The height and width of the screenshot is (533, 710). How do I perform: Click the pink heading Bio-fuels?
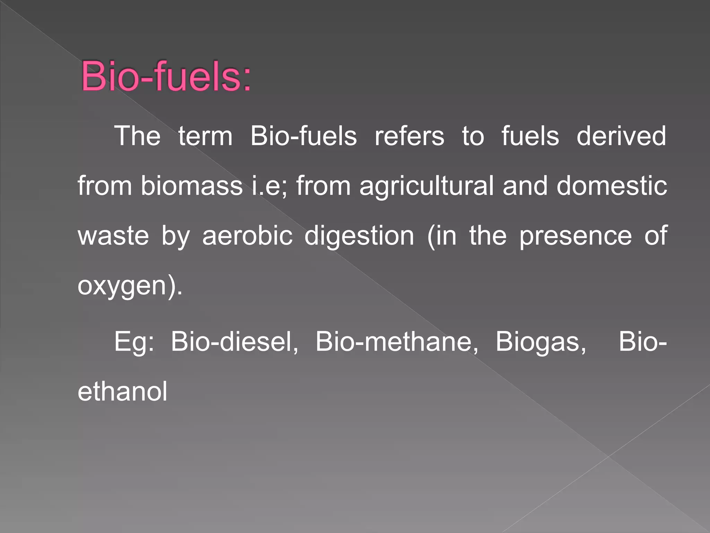[166, 76]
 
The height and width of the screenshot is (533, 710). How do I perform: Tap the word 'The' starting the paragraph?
[137, 136]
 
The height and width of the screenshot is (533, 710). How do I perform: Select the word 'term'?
[205, 136]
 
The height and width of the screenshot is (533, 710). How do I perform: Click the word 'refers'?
[409, 136]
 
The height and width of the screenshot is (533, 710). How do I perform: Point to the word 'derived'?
[621, 136]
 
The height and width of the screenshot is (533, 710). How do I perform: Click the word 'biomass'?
[191, 186]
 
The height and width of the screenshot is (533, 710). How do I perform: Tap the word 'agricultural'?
[426, 186]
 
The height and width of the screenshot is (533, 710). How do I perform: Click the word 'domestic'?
[612, 186]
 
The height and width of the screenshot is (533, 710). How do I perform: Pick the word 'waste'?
[113, 236]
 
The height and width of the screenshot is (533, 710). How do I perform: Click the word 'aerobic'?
[247, 236]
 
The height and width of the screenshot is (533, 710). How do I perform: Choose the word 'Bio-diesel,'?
[234, 341]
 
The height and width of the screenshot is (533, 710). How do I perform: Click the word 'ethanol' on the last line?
[122, 391]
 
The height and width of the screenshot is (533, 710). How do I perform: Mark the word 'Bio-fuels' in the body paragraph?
[303, 136]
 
